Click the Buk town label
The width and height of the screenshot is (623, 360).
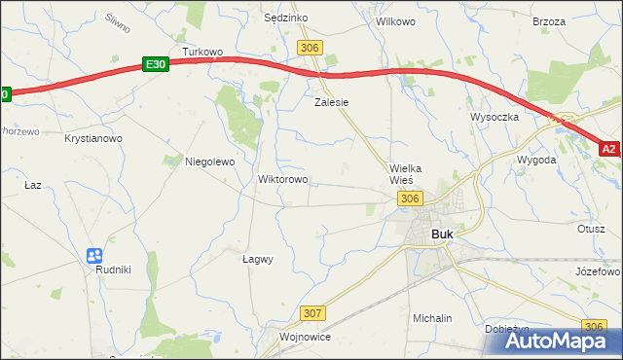tap(441, 234)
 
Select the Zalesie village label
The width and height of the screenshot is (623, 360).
tap(331, 101)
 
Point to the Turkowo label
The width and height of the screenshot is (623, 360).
tap(202, 52)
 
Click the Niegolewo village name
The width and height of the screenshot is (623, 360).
tap(210, 162)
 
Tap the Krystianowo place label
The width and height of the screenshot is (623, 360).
tap(93, 139)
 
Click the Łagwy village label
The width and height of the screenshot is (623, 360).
tap(257, 259)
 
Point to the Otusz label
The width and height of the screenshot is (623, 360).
tap(591, 229)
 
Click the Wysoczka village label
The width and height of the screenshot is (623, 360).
tap(495, 116)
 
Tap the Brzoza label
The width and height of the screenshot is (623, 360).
tap(549, 20)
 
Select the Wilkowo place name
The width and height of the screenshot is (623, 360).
tap(395, 20)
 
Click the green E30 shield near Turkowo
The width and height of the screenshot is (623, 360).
tap(156, 63)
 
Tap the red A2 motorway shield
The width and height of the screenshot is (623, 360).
tap(608, 149)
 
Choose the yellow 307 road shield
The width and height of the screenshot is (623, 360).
tap(312, 313)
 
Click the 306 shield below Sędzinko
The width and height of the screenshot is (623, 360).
tap(311, 48)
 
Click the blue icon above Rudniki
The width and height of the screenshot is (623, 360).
tap(94, 256)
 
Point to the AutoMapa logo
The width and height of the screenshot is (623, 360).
tap(552, 341)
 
